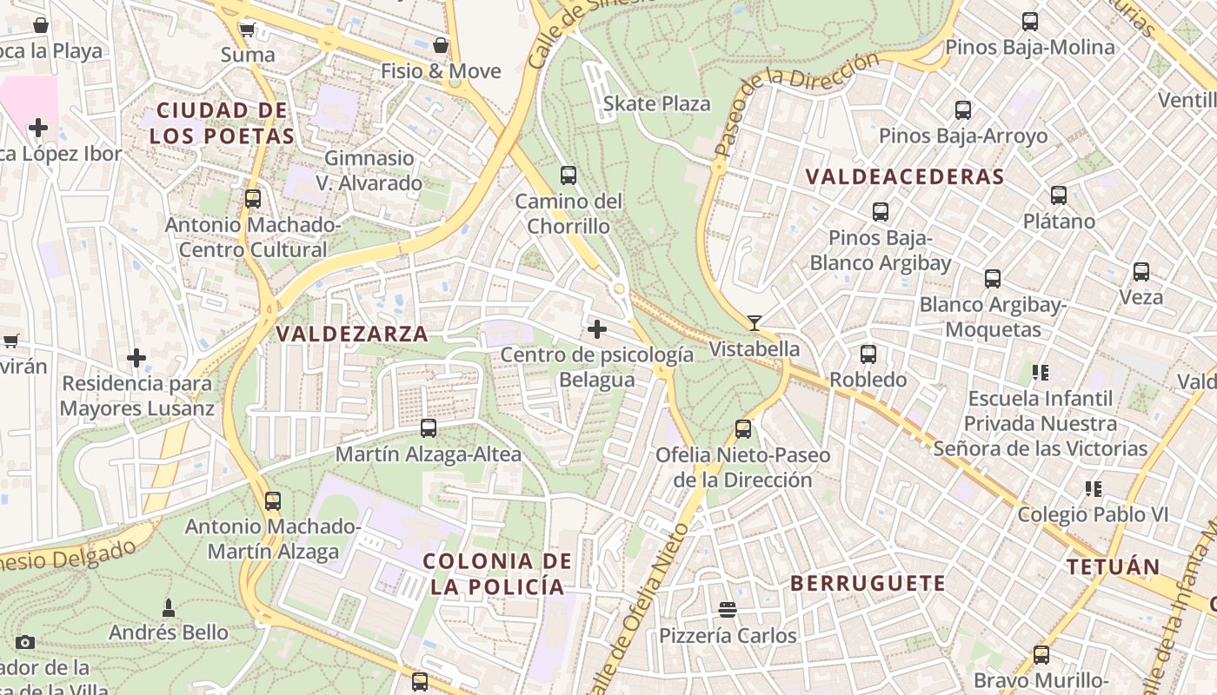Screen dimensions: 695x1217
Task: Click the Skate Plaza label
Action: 656,103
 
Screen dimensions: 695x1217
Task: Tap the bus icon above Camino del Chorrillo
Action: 569,175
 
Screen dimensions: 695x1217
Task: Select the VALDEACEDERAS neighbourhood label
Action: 905,177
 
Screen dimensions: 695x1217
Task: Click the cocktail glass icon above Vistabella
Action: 754,323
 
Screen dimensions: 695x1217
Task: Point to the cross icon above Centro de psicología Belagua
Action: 597,329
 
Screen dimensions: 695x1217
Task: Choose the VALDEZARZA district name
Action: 352,334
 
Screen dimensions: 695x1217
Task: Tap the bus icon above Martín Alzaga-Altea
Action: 429,428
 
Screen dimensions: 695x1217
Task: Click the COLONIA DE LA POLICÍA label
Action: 497,573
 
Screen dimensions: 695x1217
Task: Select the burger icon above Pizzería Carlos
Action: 728,611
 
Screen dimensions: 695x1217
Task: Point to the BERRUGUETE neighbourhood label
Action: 868,583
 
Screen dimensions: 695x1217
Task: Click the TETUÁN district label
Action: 1113,567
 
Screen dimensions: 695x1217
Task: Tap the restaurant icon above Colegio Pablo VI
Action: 1093,489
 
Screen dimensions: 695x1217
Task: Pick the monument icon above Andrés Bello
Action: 169,608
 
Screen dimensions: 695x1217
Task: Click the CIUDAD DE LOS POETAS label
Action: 222,123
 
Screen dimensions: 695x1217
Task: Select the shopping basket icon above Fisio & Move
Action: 441,45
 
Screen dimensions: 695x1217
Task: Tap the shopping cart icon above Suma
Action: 248,30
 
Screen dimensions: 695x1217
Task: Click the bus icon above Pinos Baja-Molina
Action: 1030,22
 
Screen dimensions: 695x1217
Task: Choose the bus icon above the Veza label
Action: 1141,272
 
